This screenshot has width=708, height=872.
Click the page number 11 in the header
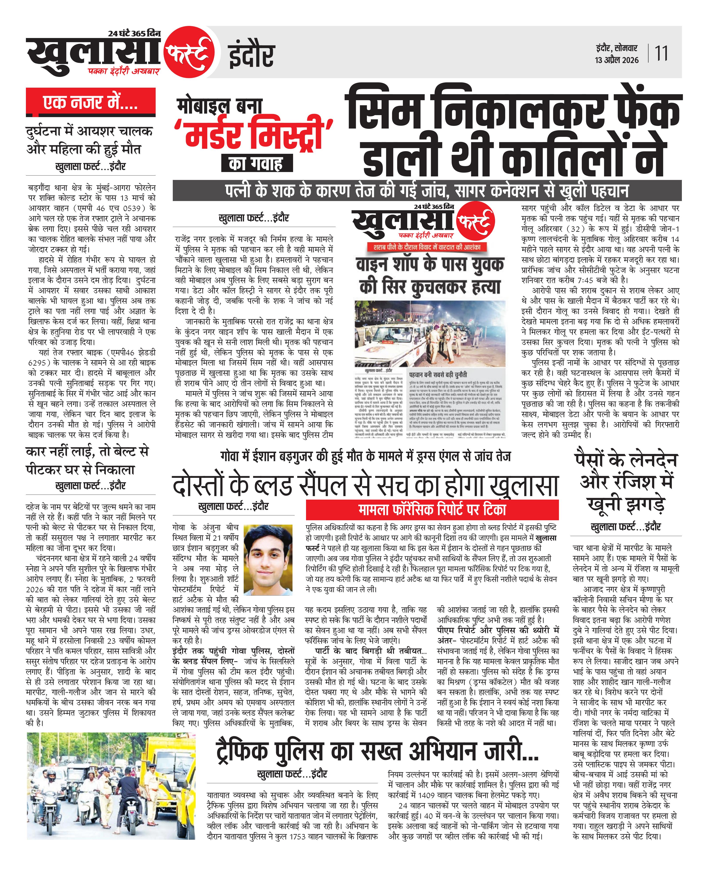pyautogui.click(x=661, y=53)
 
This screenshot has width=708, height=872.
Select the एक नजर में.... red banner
pyautogui.click(x=90, y=102)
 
